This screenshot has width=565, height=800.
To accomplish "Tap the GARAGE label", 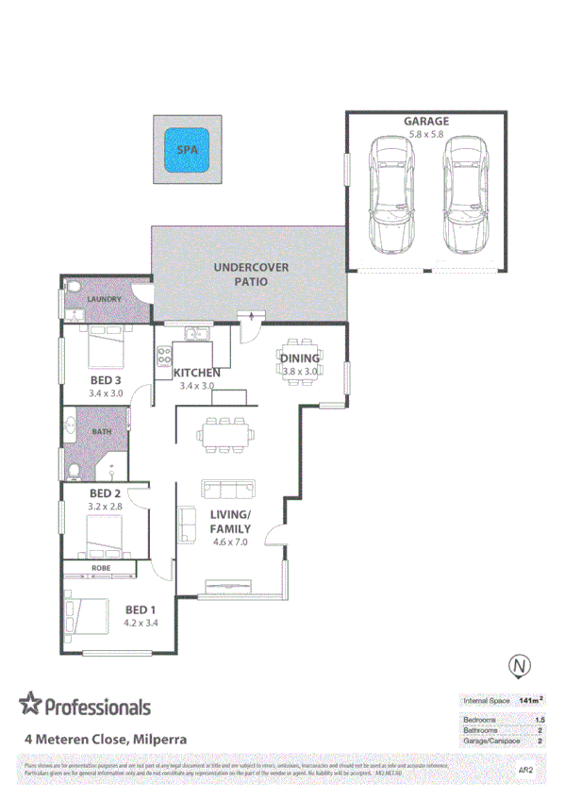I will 426,122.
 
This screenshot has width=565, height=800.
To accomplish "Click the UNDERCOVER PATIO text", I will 251,275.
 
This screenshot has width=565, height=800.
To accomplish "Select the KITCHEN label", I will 198,373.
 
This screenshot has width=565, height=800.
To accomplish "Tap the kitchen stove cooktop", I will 164,356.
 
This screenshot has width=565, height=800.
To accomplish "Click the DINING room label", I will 302,358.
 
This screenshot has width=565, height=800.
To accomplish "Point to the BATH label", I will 102,431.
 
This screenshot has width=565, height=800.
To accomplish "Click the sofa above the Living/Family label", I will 227,490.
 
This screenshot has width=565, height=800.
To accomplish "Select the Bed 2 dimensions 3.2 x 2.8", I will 106,507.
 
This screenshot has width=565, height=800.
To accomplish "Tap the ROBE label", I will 101,569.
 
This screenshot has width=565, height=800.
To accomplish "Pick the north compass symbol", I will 519,666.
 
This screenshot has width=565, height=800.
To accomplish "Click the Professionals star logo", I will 31,705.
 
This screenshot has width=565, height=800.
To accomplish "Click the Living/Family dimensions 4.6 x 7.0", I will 229,542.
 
